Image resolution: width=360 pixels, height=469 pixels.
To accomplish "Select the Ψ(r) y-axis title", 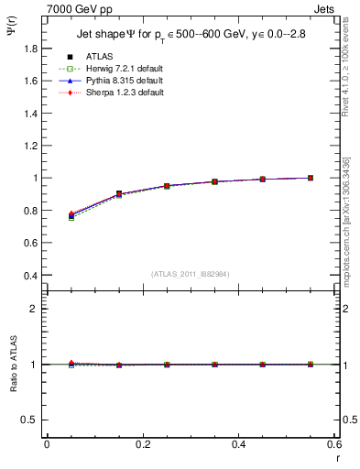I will point(11,35).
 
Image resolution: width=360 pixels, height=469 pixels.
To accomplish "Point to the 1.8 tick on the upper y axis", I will point(31,49).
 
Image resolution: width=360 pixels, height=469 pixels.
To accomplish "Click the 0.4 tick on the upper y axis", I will point(31,275).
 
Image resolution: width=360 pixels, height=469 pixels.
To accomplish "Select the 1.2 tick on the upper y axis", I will point(31,146).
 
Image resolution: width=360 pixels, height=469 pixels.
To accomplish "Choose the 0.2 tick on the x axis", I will point(142,444).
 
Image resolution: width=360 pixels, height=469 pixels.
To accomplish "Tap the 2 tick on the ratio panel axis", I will point(35,309).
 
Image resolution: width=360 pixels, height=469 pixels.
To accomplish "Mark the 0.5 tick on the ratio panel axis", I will point(31,420).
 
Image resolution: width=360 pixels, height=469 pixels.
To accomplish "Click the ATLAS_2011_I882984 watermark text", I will point(191,273).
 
